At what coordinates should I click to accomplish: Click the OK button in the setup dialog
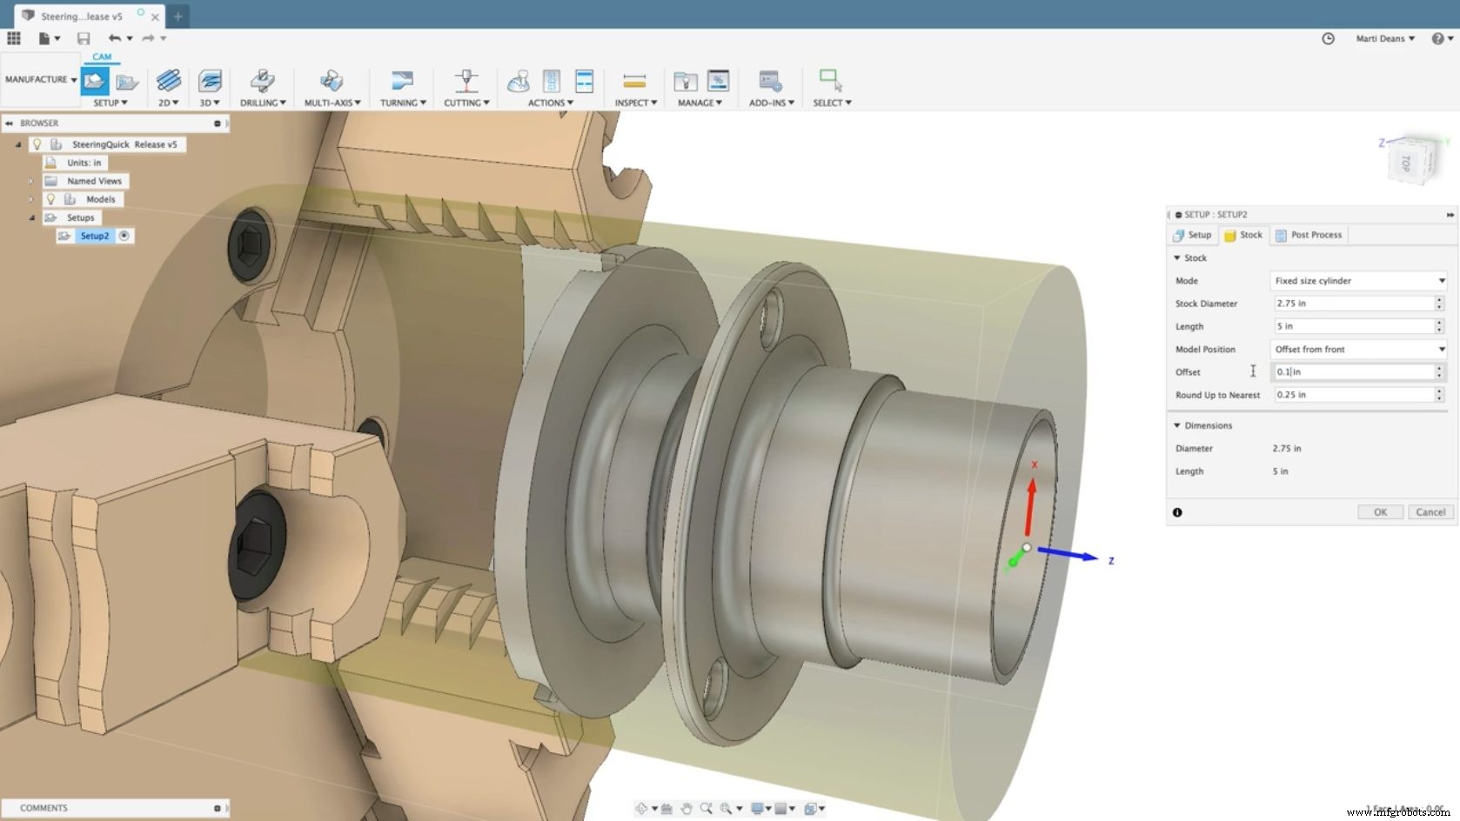[1380, 512]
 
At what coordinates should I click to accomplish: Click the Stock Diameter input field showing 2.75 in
[1352, 304]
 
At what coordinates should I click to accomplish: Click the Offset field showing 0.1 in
[1352, 372]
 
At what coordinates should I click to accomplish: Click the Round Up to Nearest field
[1352, 395]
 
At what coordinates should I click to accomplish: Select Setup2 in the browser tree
[95, 236]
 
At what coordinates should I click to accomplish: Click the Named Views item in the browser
[94, 181]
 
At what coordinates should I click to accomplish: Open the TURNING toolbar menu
[402, 103]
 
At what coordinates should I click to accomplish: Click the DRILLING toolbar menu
[263, 103]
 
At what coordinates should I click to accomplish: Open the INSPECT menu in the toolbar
[635, 103]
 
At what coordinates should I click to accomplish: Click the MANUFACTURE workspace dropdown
[40, 79]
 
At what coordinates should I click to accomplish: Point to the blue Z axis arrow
[1070, 554]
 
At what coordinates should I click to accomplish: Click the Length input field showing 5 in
[1352, 326]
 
